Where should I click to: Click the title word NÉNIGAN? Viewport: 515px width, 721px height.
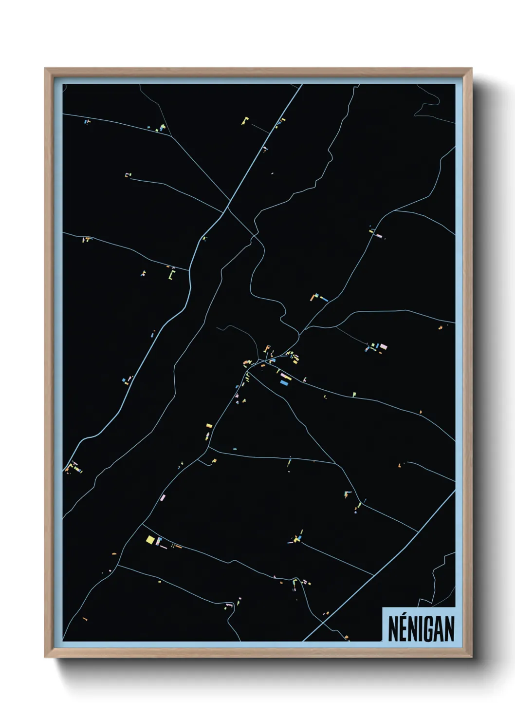pos(421,629)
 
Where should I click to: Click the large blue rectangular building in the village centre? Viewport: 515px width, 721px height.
pos(285,383)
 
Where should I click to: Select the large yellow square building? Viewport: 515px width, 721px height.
pos(150,539)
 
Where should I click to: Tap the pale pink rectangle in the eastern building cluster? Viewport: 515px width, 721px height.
pos(383,346)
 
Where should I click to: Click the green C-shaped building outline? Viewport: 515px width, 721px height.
pos(171,275)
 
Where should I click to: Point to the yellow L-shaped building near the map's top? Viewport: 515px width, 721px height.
pos(245,120)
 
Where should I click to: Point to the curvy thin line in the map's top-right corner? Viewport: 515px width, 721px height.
pos(428,105)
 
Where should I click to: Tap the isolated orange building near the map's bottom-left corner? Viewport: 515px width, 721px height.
pos(85,619)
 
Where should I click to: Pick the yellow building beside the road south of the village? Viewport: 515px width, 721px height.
pos(209,426)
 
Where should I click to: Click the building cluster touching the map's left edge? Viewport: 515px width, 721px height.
pos(72,468)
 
